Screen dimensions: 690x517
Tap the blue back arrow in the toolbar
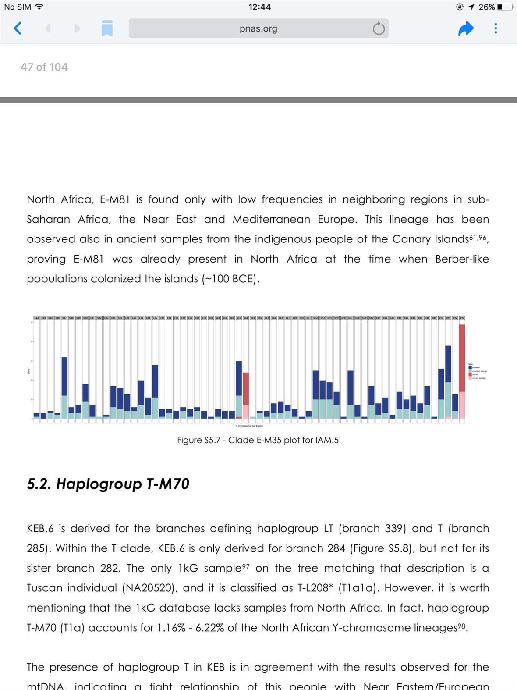coord(18,28)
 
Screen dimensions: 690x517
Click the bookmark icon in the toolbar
coord(107,28)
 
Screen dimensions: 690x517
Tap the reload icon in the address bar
coord(379,29)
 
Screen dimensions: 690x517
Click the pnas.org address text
coord(258,29)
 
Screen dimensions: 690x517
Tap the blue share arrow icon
coord(466,28)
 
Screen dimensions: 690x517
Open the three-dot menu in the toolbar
coord(496,28)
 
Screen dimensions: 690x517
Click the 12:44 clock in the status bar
coord(259,7)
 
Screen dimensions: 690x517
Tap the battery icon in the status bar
coord(505,7)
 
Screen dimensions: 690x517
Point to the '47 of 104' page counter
coord(44,67)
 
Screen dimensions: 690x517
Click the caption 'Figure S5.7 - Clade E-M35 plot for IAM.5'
coord(258,440)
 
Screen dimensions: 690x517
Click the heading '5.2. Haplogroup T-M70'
coord(108,484)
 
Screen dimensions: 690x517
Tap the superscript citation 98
coord(462,625)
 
